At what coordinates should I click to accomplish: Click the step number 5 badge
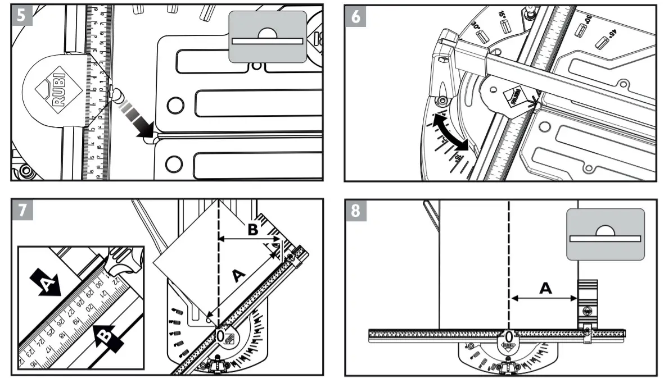pos(21,16)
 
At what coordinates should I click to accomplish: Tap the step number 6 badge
pos(356,16)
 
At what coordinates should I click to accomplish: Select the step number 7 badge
pos(21,209)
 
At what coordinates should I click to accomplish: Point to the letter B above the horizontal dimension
pos(252,229)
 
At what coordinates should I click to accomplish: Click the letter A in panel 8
pos(545,288)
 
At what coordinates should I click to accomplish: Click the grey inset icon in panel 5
pos(267,37)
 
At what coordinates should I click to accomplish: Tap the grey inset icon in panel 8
pos(604,234)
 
